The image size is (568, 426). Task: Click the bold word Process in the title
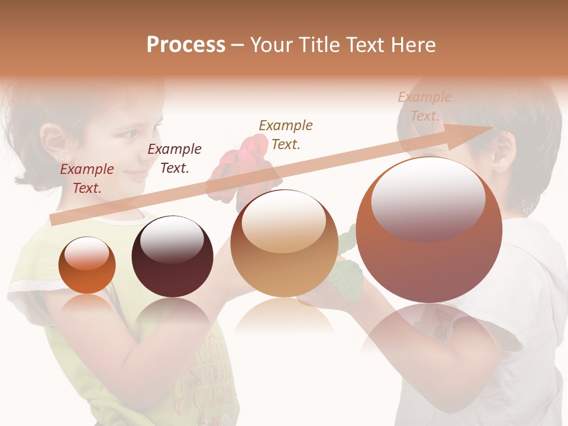[x=186, y=45]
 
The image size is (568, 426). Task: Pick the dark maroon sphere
[x=172, y=256]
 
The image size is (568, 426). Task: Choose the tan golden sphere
[x=285, y=243]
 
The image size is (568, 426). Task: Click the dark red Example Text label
[x=87, y=179]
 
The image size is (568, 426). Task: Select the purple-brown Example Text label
[x=175, y=159]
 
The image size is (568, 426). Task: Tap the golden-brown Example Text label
[x=286, y=134]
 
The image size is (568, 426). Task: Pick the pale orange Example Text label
[x=424, y=106]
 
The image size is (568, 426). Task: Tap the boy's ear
[x=504, y=151]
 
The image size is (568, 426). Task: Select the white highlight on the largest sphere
[x=428, y=199]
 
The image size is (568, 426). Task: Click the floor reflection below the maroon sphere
[x=172, y=317]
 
